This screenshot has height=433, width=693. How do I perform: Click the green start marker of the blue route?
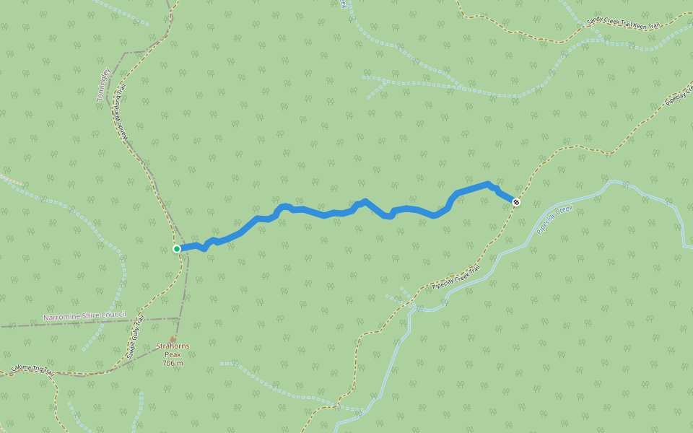[x=177, y=249]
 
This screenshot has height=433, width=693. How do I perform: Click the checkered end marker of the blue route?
[x=515, y=201]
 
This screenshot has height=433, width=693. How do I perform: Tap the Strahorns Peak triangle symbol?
[x=172, y=338]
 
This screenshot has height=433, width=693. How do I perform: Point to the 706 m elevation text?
[x=173, y=363]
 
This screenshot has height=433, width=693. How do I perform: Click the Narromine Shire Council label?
[x=84, y=315]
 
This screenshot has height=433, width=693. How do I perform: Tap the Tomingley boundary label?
[x=104, y=85]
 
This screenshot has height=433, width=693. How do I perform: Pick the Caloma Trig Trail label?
[x=32, y=369]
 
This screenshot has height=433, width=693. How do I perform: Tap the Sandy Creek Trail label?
[x=609, y=22]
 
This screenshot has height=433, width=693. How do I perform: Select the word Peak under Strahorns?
[x=173, y=354]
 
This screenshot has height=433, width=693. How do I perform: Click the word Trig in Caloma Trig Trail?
[x=35, y=369]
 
